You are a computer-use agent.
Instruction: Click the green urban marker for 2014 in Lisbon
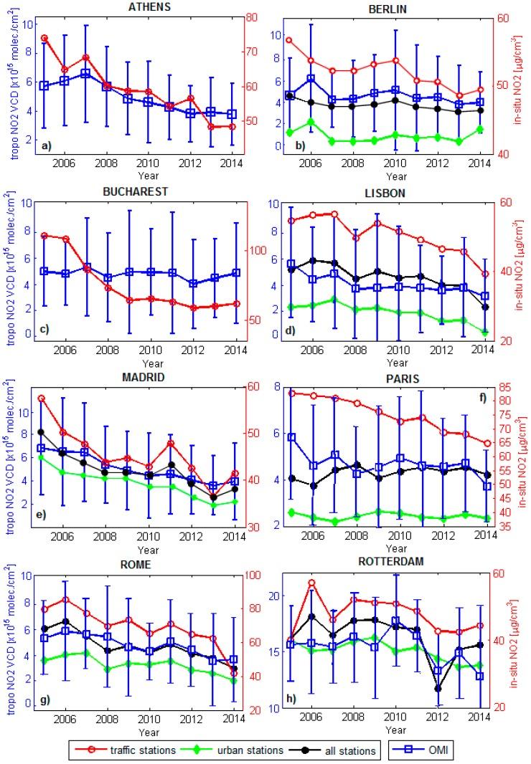click(484, 332)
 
